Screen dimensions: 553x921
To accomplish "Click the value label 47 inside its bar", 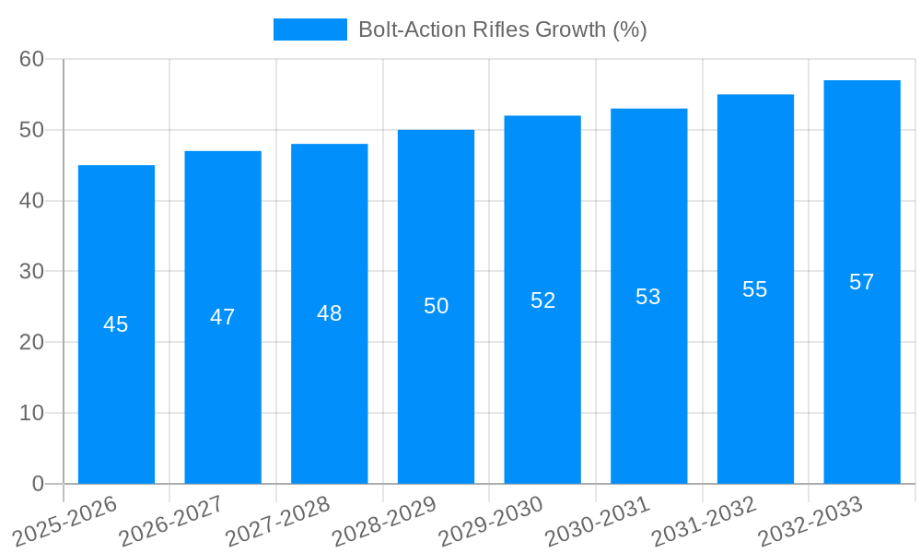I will click(223, 317).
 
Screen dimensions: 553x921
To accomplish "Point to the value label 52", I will click(542, 300).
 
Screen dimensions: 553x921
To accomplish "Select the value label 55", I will click(755, 289).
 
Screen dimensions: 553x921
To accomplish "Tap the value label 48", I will click(330, 313).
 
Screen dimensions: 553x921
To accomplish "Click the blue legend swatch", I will click(309, 29).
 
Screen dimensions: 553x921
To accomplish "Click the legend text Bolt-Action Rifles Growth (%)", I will click(502, 29).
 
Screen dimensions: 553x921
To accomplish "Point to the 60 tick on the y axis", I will click(32, 59).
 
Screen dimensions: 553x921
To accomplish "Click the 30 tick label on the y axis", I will click(32, 272).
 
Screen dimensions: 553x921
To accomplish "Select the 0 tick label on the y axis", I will click(38, 484).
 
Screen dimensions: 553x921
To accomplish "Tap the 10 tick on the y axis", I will click(32, 413).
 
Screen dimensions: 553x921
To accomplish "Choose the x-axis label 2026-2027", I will click(171, 521).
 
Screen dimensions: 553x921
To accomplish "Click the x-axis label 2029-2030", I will click(491, 521).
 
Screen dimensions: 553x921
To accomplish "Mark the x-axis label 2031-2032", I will click(705, 521).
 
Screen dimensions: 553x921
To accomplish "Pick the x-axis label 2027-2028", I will click(278, 521).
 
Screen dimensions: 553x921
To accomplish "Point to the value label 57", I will click(862, 282).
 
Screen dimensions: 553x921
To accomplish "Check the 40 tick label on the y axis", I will click(32, 201).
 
